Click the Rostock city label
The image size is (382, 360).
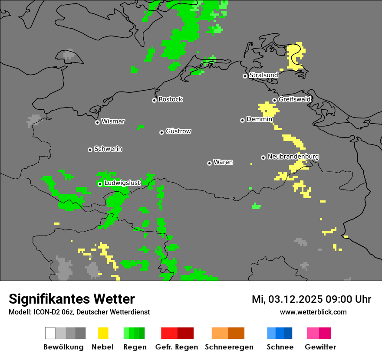pyautogui.click(x=170, y=99)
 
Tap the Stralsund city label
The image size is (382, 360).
pyautogui.click(x=263, y=75)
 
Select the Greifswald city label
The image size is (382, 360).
pyautogui.click(x=294, y=99)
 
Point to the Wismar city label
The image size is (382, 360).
pyautogui.click(x=113, y=121)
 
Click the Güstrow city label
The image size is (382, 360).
pyautogui.click(x=178, y=131)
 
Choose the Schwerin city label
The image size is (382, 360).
pyautogui.click(x=108, y=149)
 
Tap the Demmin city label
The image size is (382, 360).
pyautogui.click(x=259, y=119)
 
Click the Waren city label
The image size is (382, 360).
pyautogui.click(x=223, y=162)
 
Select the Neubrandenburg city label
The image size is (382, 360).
pyautogui.click(x=293, y=157)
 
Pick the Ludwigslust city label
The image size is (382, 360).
pyautogui.click(x=122, y=183)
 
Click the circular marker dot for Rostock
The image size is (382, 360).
pyautogui.click(x=154, y=100)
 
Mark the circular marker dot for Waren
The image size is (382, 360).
pyautogui.click(x=209, y=163)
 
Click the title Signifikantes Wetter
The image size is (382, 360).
pyautogui.click(x=72, y=299)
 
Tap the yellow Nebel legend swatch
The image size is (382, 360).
pyautogui.click(x=103, y=333)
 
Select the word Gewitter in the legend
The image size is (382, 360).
pyautogui.click(x=320, y=347)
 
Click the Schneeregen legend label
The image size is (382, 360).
pyautogui.click(x=229, y=347)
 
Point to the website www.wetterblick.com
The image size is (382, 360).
pyautogui.click(x=313, y=312)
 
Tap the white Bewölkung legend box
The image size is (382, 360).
pyautogui.click(x=50, y=333)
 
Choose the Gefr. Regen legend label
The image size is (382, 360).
pyautogui.click(x=176, y=347)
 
